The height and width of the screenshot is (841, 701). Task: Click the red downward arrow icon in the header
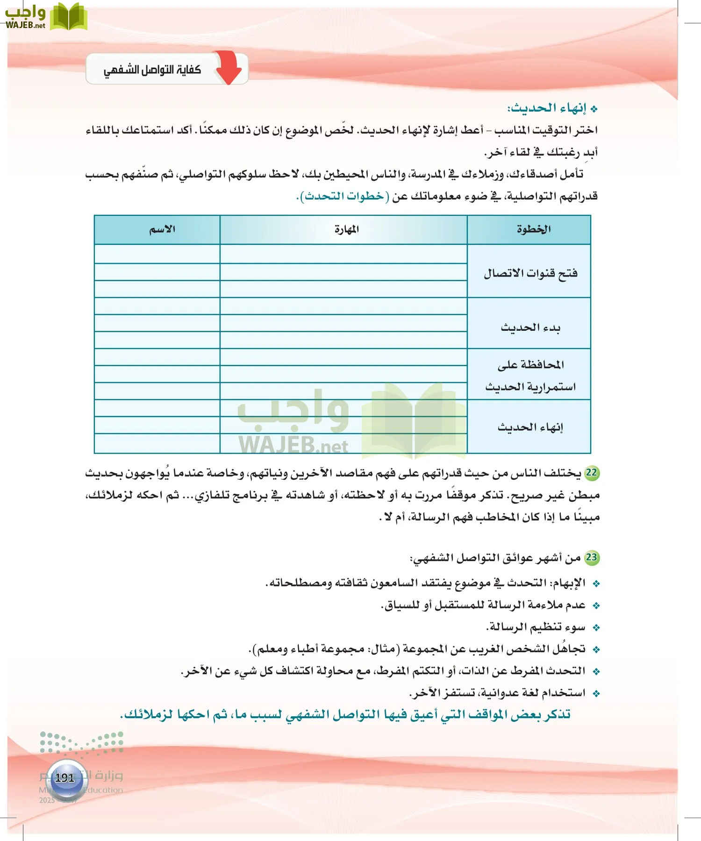click(229, 68)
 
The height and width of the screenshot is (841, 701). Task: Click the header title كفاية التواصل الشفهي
click(152, 70)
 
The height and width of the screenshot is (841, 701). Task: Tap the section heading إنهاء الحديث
click(547, 108)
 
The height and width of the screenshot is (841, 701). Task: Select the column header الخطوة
click(533, 229)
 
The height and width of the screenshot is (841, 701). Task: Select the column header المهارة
click(346, 229)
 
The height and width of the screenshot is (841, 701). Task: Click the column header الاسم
click(162, 229)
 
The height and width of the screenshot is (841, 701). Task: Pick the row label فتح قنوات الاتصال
click(530, 273)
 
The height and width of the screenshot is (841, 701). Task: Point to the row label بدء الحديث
click(530, 328)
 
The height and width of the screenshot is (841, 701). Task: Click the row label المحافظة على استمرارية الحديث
click(530, 376)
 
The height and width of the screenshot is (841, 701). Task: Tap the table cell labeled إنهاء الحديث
click(530, 427)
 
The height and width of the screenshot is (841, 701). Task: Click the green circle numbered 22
click(592, 472)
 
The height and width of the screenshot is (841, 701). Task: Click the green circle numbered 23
click(592, 557)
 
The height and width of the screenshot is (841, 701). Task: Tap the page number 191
click(65, 778)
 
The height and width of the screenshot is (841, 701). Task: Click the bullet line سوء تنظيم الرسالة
click(536, 627)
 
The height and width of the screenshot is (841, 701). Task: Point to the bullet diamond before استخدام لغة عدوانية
click(596, 694)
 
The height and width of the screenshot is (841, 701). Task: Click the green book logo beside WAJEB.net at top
click(69, 17)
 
